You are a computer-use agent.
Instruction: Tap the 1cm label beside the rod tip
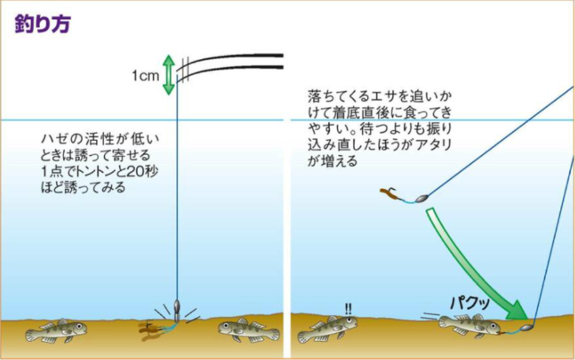coord(146,76)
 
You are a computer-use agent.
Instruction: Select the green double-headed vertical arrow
coord(168,75)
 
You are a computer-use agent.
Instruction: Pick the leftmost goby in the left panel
coord(54,330)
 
